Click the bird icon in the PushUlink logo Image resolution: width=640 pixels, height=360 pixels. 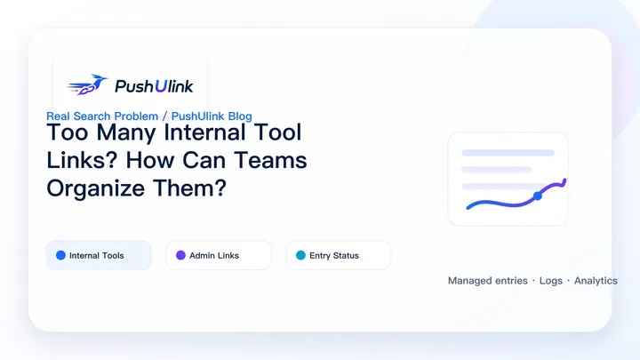point(87,84)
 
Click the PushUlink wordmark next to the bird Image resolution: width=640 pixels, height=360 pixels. point(154,86)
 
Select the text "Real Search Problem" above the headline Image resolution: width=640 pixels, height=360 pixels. point(102,116)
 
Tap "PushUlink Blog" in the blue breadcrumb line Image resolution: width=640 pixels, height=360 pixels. point(212,116)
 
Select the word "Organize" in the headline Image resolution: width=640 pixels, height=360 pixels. point(95,188)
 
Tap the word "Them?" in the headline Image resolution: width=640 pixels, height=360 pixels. point(190,188)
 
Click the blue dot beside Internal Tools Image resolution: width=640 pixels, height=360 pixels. point(60,255)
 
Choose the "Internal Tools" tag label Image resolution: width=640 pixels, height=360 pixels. point(96,255)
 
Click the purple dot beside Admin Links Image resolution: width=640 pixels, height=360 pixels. point(180,255)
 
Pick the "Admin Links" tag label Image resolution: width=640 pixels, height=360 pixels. point(214,255)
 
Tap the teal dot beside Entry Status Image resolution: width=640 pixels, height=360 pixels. point(300,255)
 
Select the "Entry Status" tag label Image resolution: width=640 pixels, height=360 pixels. point(334,255)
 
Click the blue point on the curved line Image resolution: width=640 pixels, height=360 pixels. point(538,196)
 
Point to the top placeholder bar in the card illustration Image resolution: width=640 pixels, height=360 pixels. point(508,153)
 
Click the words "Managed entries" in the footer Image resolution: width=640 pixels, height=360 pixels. point(488,281)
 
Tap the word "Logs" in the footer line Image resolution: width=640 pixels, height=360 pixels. point(551,281)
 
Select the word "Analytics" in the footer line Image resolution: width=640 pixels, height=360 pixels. point(596,281)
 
